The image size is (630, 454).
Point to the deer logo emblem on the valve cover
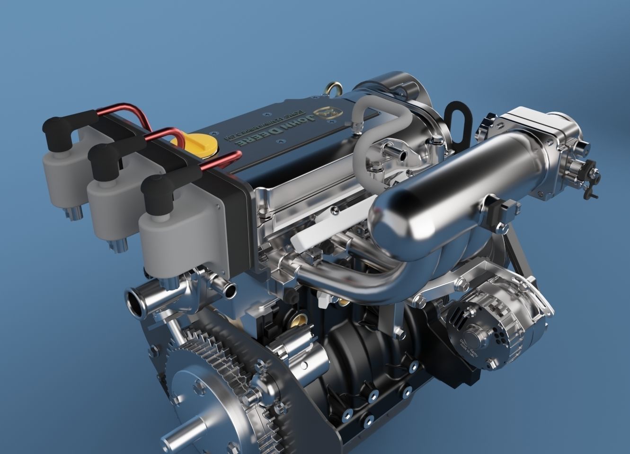pos(327,112)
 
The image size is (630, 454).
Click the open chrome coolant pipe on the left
pos(137,303)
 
